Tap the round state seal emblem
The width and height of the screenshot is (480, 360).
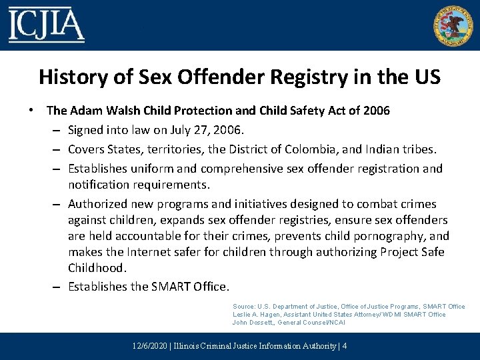452,25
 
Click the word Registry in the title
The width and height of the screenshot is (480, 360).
305,77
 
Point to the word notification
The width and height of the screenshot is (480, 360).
102,183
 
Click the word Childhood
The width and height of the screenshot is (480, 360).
96,268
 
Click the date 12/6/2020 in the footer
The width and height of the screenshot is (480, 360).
149,346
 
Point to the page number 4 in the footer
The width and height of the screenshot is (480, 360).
344,346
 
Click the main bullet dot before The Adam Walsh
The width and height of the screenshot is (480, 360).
33,109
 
